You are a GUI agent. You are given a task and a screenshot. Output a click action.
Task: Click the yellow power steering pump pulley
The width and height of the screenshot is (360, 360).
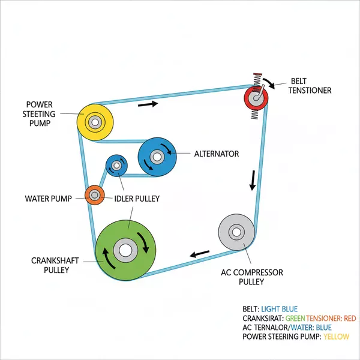(95, 122)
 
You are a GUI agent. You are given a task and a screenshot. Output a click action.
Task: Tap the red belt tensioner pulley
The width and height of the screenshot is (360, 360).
(257, 96)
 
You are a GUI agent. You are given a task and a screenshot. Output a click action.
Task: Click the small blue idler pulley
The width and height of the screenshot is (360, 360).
(116, 166)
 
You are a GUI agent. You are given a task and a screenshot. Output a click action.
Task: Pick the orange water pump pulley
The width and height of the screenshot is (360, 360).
(95, 194)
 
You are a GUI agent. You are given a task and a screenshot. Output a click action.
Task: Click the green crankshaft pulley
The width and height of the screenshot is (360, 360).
(125, 250)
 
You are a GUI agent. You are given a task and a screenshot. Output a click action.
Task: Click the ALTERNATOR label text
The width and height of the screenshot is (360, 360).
(216, 154)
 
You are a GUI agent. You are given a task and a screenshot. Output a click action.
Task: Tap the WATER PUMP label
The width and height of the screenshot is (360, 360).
(48, 199)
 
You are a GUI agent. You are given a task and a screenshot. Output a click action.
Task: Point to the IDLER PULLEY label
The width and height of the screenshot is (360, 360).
(137, 199)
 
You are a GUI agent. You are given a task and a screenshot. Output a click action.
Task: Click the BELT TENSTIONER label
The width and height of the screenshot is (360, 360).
(311, 85)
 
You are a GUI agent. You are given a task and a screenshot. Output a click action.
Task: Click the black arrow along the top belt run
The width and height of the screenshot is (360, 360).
(148, 104)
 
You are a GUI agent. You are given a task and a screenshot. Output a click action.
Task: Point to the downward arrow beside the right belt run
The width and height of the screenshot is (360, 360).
(253, 179)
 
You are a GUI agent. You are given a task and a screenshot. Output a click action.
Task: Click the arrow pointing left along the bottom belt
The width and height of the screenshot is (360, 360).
(200, 253)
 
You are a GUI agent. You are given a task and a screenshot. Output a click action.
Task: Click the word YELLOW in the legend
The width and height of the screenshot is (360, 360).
(337, 337)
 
